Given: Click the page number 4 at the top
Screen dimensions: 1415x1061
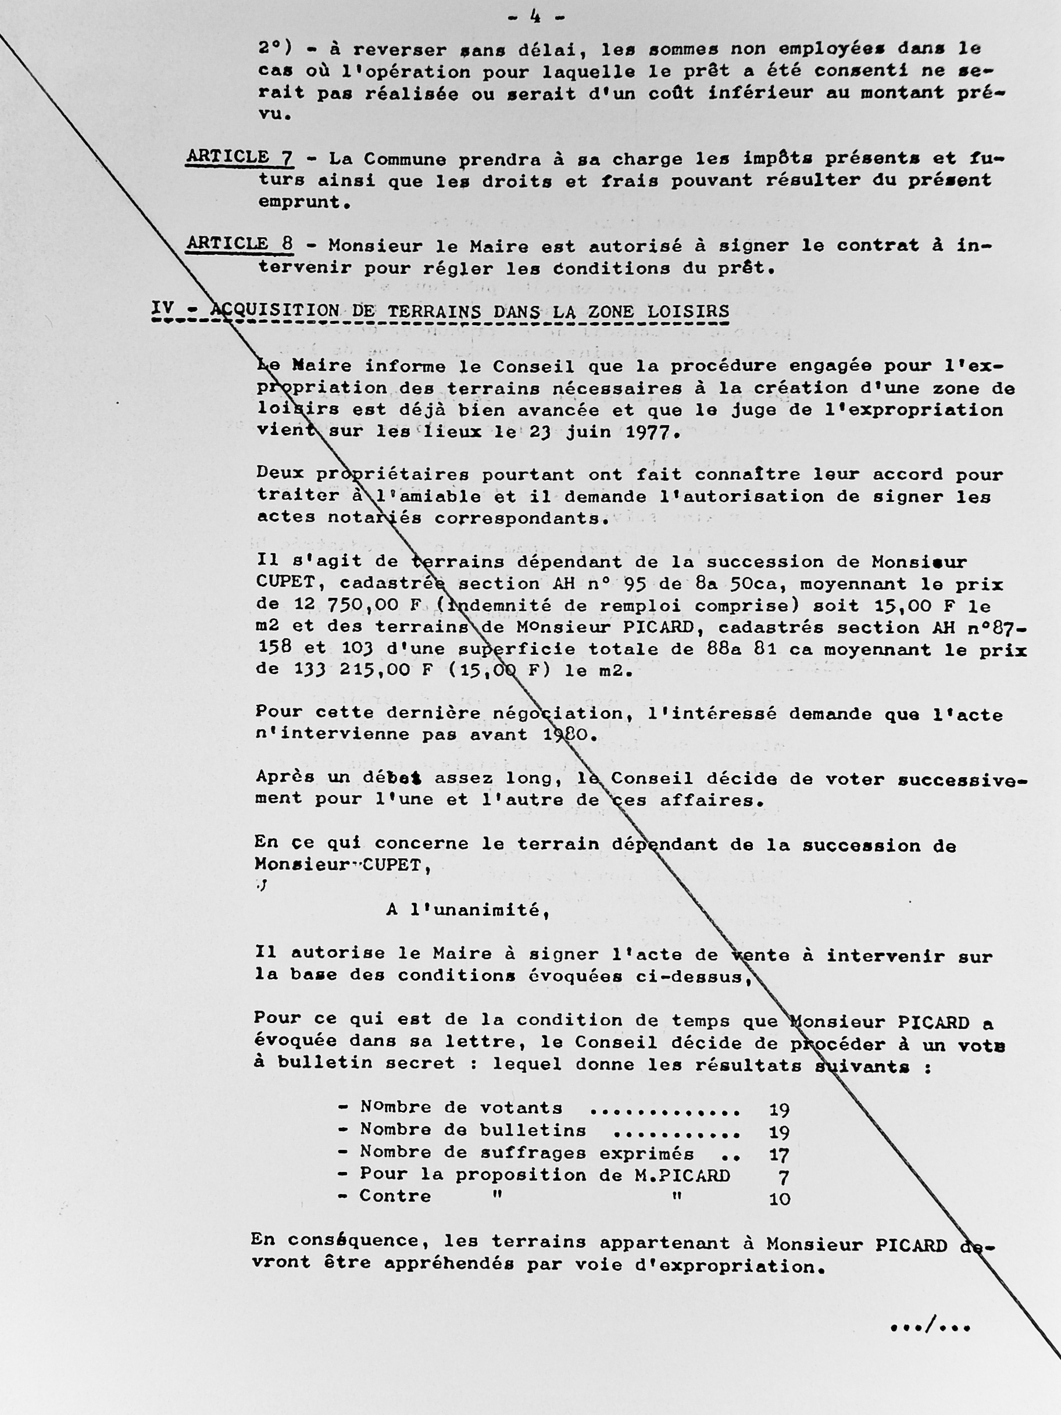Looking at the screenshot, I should [535, 17].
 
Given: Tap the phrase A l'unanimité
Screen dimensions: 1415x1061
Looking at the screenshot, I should [468, 910].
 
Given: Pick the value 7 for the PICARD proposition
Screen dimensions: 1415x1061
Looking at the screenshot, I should [784, 1176].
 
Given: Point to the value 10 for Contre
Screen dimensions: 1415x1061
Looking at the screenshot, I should [779, 1198].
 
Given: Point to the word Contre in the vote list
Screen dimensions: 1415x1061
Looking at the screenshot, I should [395, 1196].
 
